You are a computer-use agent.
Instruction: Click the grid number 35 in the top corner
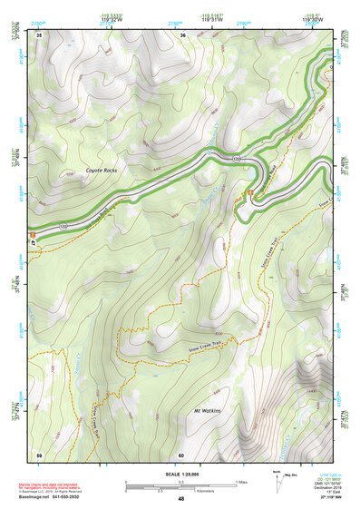[x=39, y=35]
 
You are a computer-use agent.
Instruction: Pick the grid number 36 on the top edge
[x=182, y=35]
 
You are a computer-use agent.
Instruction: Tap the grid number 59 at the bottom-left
[x=39, y=454]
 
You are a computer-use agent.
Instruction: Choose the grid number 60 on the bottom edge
[x=182, y=454]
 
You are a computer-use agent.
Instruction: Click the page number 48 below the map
[x=180, y=499]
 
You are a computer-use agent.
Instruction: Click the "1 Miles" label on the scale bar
[x=241, y=481]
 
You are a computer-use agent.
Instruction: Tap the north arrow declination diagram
[x=277, y=479]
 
